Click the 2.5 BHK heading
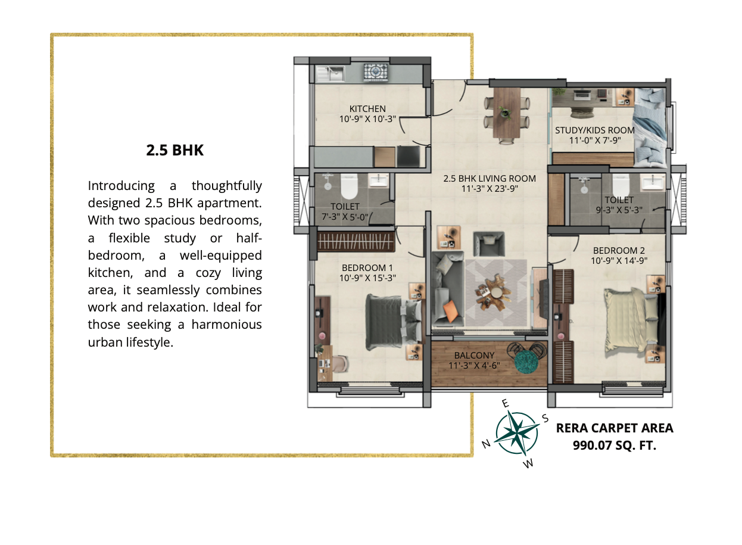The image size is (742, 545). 175,150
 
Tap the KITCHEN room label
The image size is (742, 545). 367,108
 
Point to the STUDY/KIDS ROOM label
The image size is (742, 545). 595,130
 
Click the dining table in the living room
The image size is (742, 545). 507,113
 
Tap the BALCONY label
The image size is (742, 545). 475,356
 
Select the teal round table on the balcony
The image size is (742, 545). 526,362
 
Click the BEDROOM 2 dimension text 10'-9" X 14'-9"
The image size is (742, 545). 619,261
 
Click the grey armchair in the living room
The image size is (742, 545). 489,244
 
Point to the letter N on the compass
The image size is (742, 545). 486,444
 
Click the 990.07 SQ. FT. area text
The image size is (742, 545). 615,446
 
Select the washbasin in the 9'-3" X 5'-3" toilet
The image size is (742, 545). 653,182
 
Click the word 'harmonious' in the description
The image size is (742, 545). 226,325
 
